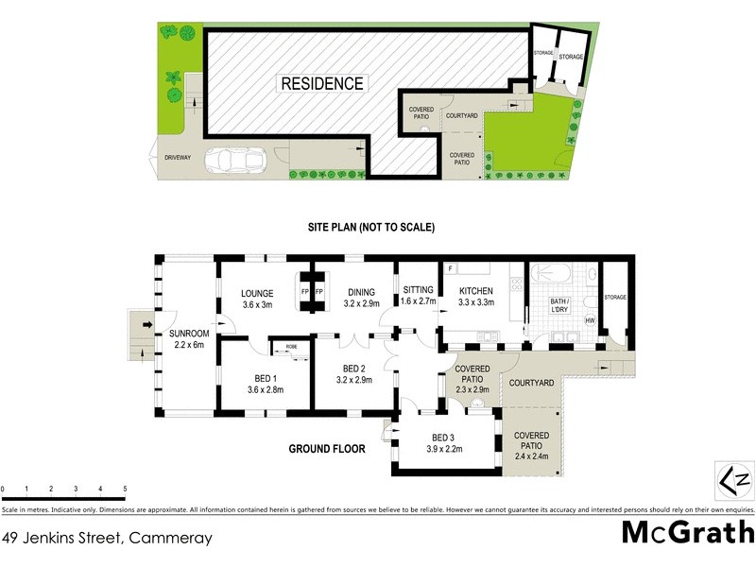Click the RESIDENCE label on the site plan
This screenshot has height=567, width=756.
[x=322, y=83]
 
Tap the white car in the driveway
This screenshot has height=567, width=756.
[x=231, y=160]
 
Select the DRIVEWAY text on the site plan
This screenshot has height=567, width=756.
[x=179, y=159]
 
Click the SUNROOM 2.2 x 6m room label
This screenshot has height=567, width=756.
[x=189, y=339]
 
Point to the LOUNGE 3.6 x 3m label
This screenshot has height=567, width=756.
[x=256, y=299]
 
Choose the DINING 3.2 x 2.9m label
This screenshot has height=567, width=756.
[x=360, y=299]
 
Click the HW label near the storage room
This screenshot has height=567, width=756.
[x=590, y=321]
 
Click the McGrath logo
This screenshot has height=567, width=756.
[x=687, y=531]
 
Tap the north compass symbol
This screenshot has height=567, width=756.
[x=731, y=480]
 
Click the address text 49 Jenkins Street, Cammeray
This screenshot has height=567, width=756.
[x=106, y=539]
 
